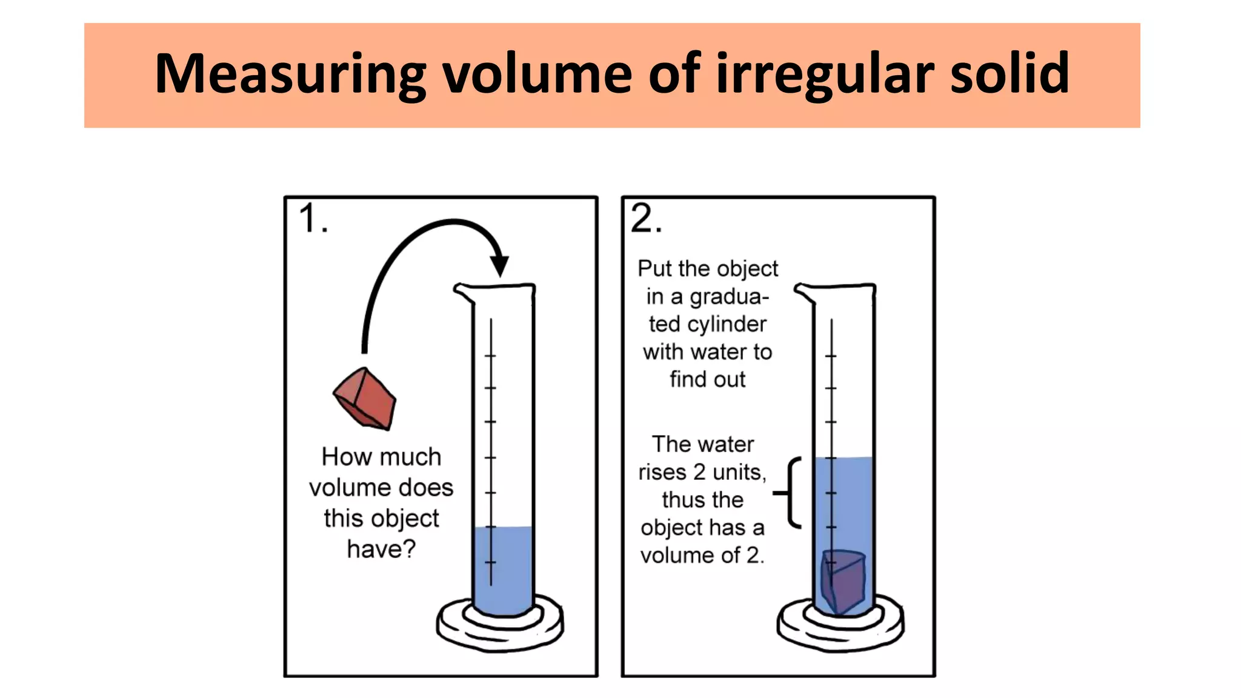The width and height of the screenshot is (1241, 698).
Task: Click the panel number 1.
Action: tap(313, 219)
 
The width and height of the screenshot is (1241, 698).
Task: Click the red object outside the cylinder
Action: tap(365, 399)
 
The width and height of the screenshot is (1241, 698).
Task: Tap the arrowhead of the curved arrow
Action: tap(499, 265)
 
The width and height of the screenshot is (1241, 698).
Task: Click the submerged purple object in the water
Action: tap(842, 582)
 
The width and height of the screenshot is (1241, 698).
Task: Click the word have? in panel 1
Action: tap(381, 550)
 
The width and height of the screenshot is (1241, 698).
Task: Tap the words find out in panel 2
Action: tap(707, 380)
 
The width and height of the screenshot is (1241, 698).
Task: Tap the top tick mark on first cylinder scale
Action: tap(490, 355)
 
